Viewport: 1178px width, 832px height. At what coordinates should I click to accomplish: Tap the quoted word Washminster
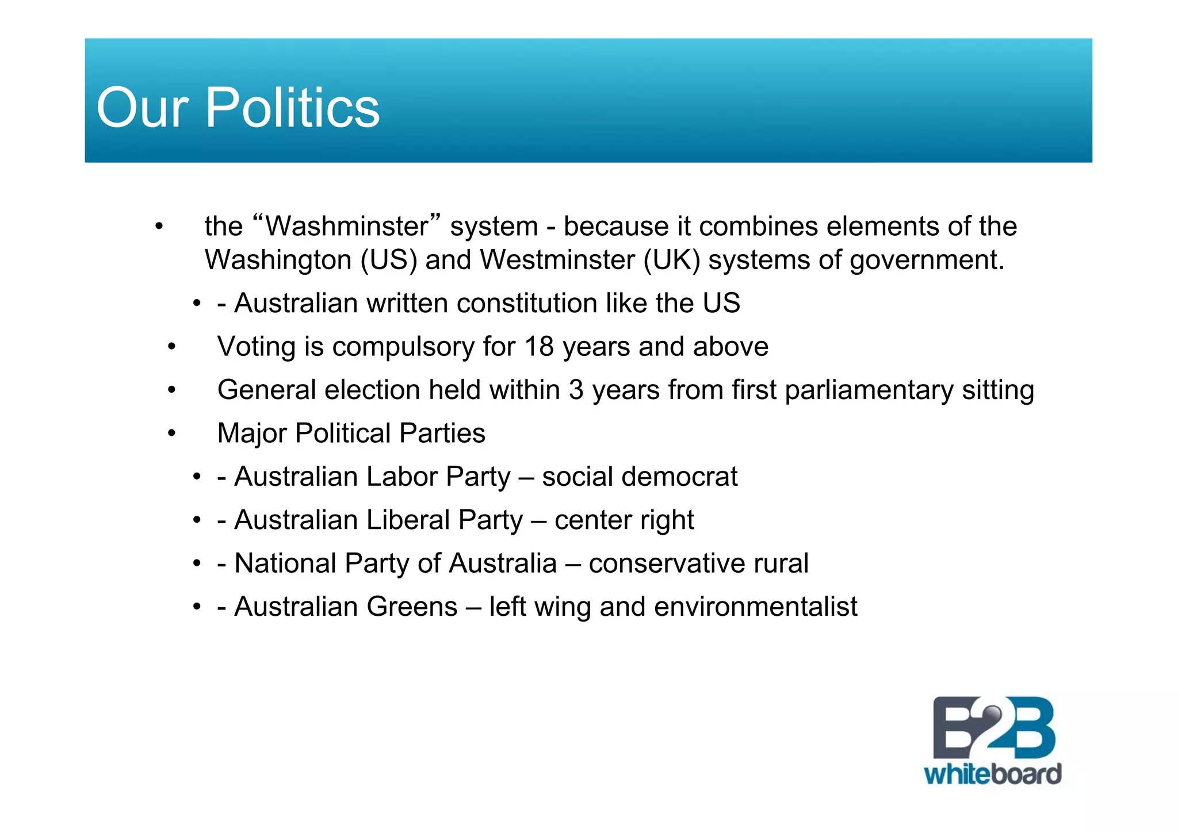(347, 226)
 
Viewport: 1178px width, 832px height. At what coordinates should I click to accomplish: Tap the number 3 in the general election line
(576, 390)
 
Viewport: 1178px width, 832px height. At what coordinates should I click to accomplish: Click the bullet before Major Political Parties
(171, 433)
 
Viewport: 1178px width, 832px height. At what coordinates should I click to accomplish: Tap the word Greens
(412, 607)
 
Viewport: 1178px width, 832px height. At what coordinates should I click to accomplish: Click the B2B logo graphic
(993, 728)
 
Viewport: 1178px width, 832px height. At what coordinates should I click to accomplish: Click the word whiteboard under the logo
(992, 774)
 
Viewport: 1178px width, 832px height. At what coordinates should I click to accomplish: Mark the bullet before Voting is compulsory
(171, 347)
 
